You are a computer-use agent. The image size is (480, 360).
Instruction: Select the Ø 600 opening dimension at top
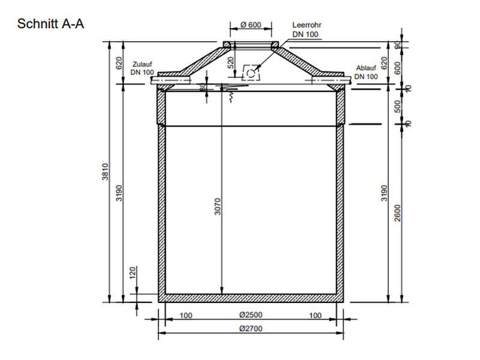point(251,25)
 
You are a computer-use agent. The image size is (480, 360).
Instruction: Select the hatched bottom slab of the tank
point(250,298)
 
